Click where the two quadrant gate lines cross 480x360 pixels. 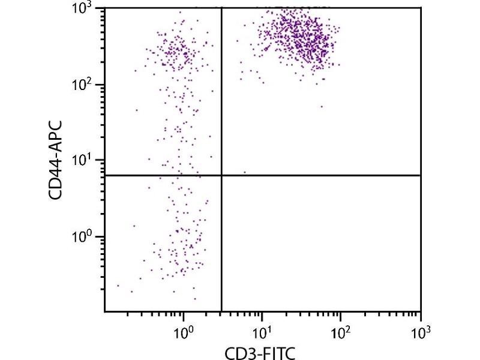[x=222, y=175]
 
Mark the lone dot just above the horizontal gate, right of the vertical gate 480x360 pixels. [x=245, y=172]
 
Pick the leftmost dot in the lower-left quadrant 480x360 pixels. [x=118, y=286]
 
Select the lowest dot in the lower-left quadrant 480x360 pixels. [x=195, y=298]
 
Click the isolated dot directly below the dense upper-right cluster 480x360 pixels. [x=322, y=107]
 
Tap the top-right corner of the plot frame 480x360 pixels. [x=420, y=8]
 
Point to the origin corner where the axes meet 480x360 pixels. [x=105, y=311]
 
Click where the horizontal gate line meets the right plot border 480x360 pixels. [x=420, y=175]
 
